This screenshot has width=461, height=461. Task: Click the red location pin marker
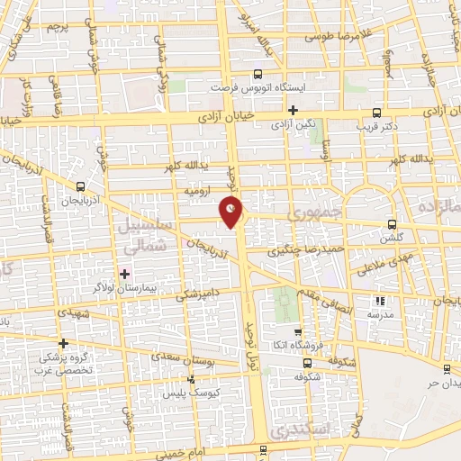click(x=232, y=212)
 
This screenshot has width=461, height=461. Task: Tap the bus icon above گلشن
click(x=391, y=225)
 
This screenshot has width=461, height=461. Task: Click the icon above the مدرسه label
click(x=379, y=302)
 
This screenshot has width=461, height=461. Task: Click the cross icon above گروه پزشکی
click(x=63, y=342)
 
